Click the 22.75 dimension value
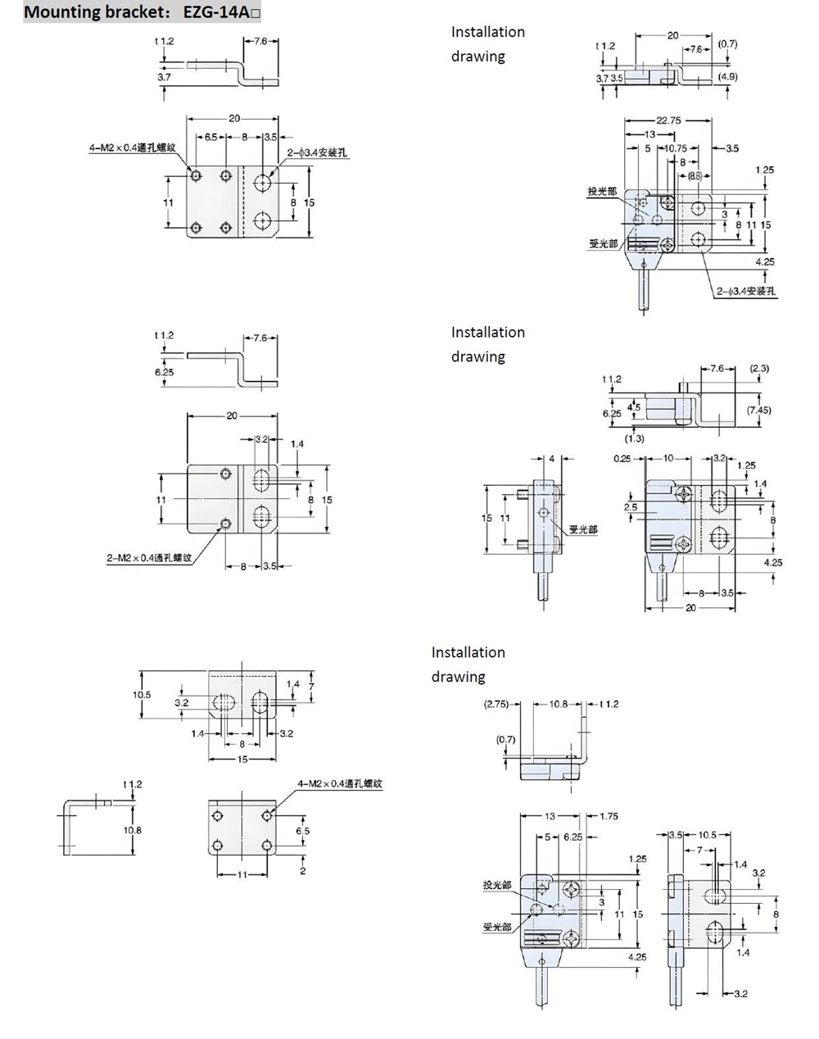click(667, 120)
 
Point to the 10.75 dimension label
click(676, 148)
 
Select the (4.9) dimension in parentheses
click(727, 76)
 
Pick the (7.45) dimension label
click(758, 410)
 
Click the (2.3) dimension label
click(759, 368)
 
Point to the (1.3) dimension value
click(634, 438)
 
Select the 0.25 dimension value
click(622, 458)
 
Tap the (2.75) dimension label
click(496, 704)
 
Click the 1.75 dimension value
click(609, 816)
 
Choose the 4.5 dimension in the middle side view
click(634, 407)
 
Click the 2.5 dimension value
click(630, 507)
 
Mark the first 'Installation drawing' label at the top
click(487, 43)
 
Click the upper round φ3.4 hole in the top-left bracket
click(263, 181)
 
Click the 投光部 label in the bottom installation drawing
click(496, 886)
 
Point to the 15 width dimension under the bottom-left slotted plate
click(242, 759)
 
